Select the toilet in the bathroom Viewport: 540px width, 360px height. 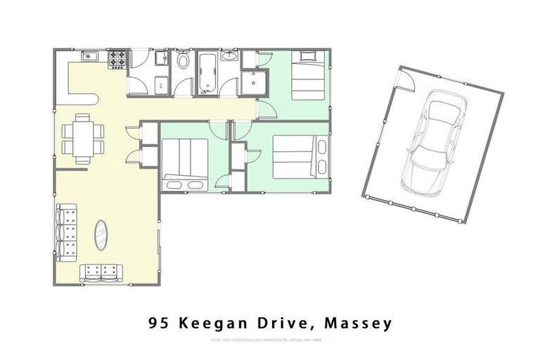(x=183, y=61)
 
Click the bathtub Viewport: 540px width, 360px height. (x=206, y=72)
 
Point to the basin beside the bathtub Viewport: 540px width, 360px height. (x=229, y=57)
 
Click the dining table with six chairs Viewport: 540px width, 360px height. (x=83, y=135)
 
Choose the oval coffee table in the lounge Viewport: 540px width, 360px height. (x=102, y=235)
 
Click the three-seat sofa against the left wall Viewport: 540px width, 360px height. (x=67, y=232)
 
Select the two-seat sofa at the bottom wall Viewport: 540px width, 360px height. (x=101, y=271)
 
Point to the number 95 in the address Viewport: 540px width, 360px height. (x=159, y=323)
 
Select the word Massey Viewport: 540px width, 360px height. (x=359, y=323)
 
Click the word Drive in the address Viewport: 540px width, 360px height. (x=281, y=323)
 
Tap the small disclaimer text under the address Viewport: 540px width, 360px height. (x=270, y=340)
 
